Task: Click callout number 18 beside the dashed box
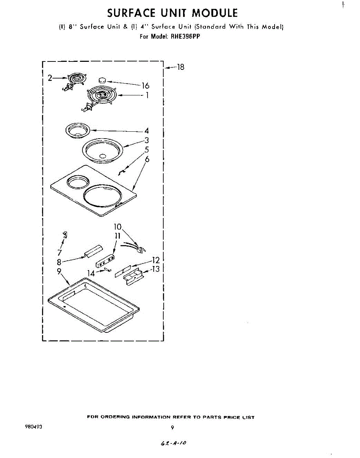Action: pos(180,68)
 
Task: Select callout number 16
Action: pos(145,86)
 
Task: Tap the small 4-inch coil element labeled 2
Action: pos(76,79)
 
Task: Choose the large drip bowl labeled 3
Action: pos(102,150)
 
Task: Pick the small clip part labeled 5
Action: pos(121,173)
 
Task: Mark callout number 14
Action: pos(91,273)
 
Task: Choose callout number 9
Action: pos(59,272)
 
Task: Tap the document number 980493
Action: pos(33,427)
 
